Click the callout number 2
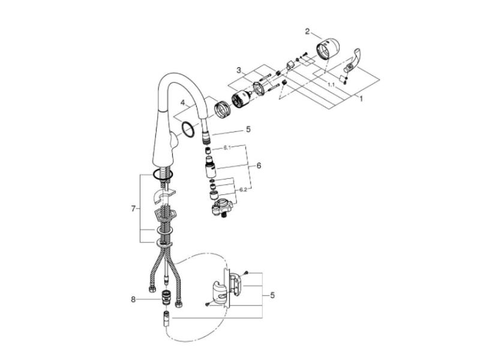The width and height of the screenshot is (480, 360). click(x=307, y=31)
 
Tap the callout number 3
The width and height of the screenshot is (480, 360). click(x=239, y=70)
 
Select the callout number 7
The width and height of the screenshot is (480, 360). click(x=133, y=209)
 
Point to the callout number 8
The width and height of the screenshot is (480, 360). click(x=133, y=299)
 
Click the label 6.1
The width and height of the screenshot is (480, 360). click(x=227, y=148)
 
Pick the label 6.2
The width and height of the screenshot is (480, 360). click(x=243, y=190)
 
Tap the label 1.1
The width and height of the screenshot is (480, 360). click(x=331, y=85)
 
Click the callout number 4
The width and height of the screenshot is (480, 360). click(x=183, y=103)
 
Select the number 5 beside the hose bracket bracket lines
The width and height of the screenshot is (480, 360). click(x=272, y=295)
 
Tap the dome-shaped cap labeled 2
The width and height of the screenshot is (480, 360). click(x=327, y=49)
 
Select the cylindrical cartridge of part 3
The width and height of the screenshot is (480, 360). click(x=241, y=98)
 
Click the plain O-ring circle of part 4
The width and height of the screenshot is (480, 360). click(x=187, y=128)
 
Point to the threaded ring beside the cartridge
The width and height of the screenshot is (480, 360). click(x=222, y=109)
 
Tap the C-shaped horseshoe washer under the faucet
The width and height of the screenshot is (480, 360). click(x=163, y=196)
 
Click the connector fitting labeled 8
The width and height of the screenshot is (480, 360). click(x=166, y=296)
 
